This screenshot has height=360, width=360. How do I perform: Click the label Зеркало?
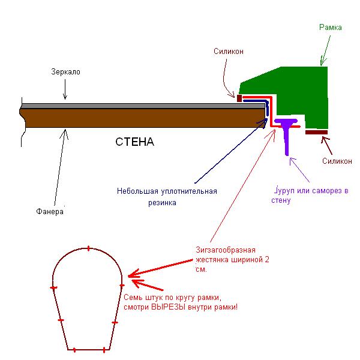coord(65,72)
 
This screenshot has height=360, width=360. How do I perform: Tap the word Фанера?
coord(50,211)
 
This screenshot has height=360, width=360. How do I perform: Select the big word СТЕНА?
coord(134,142)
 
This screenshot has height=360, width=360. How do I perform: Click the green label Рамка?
coord(331,28)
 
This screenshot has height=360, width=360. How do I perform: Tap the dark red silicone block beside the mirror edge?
coord(239,98)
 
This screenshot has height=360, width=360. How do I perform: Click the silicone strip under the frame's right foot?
coord(316,132)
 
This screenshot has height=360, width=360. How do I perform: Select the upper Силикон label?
coord(229,51)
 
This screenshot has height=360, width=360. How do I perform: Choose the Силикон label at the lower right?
coord(337,161)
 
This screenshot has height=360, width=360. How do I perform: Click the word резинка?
coord(162,203)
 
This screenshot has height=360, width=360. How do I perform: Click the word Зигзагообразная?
coord(226,250)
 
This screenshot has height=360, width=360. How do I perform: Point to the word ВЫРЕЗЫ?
coord(168,307)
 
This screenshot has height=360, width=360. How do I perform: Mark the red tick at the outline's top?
coord(89,248)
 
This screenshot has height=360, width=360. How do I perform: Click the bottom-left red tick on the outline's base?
coord(74,350)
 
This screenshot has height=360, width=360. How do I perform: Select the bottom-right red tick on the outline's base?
coord(104,350)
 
